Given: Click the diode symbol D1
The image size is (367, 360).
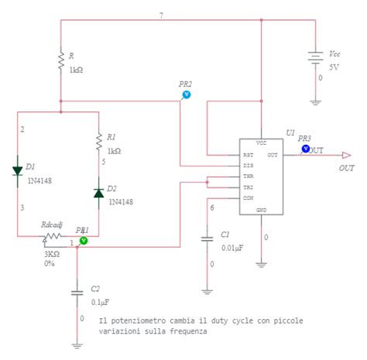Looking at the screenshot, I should point(17,171).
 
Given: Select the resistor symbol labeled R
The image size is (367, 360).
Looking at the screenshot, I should point(60,61).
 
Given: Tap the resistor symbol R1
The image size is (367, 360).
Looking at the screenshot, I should point(98,141).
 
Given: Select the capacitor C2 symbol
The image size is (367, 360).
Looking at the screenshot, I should point(77,293).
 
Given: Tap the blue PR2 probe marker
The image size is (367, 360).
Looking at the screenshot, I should point(185,94).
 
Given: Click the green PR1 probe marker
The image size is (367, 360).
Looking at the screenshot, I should point(84,241).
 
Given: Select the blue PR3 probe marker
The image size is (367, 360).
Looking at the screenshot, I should point(305,148).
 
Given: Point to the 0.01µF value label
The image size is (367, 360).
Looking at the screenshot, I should point(232,247).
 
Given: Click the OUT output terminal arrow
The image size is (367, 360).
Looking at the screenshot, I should point(345,155).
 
